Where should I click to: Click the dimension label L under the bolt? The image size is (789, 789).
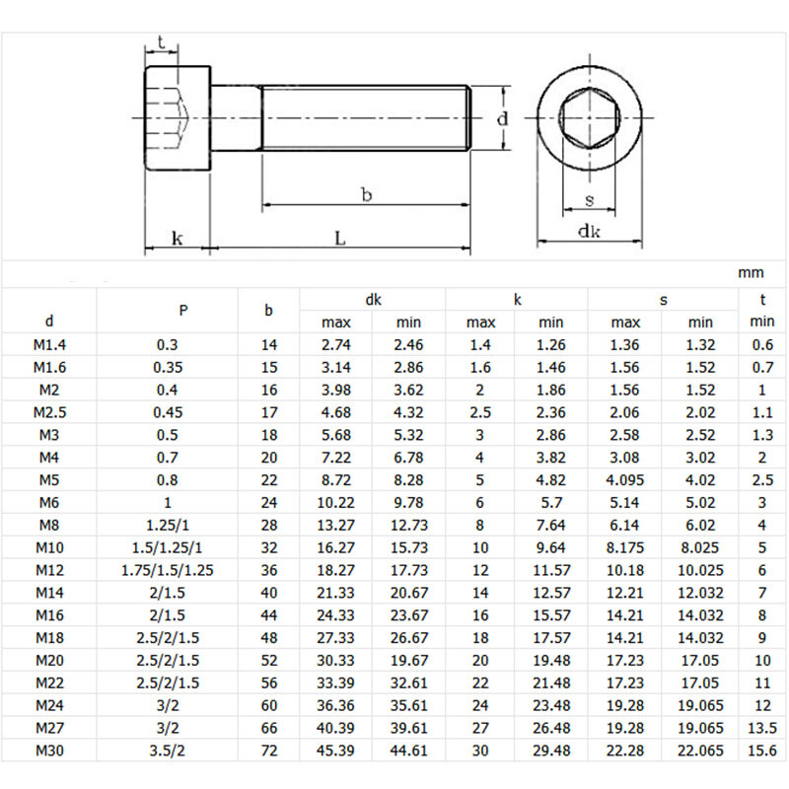click(x=339, y=238)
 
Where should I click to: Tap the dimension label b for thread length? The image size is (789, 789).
click(x=366, y=195)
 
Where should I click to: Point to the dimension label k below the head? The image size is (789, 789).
click(x=177, y=238)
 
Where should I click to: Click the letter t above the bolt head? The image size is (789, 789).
click(x=160, y=43)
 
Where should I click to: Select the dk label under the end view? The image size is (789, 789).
click(x=590, y=231)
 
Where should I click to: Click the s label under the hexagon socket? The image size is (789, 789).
click(x=589, y=200)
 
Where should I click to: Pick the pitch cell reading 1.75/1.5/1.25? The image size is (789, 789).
click(x=183, y=570)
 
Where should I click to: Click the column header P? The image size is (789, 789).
click(x=183, y=310)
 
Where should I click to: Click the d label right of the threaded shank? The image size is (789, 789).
click(x=501, y=119)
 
